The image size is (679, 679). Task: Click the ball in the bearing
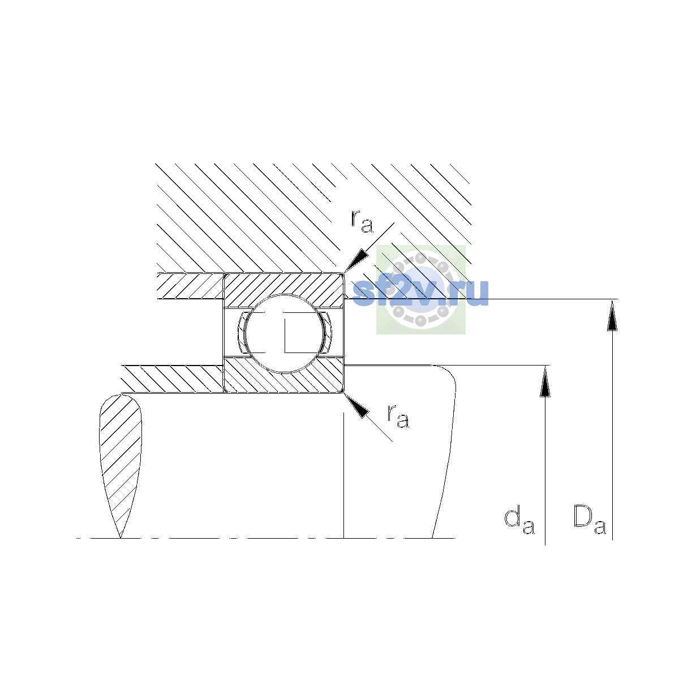click(284, 333)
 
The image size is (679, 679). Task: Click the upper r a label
click(362, 222)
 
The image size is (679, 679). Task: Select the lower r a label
click(398, 416)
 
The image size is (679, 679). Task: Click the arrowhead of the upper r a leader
click(355, 260)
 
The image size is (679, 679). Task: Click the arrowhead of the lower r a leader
click(356, 406)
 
